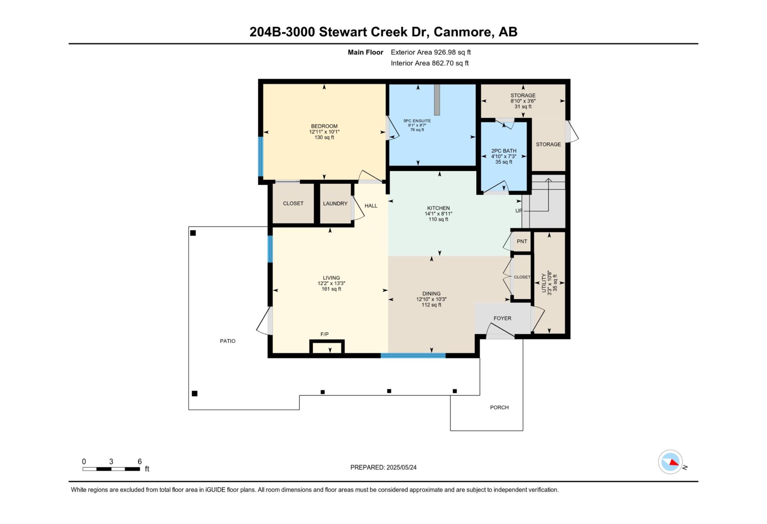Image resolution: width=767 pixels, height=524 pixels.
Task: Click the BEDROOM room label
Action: point(324,126)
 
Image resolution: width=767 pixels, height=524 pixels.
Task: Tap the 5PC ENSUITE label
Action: point(417,121)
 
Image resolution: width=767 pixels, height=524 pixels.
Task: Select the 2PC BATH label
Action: point(504,151)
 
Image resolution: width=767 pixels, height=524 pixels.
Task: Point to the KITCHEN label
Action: point(438,208)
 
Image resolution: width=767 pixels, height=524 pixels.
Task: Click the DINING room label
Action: point(431,294)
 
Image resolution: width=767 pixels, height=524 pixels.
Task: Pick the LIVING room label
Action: point(331,278)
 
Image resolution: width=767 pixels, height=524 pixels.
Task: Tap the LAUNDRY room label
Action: point(335,204)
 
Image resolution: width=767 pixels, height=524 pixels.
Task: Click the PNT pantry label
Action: point(522,242)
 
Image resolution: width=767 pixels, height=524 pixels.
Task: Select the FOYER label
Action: point(502,318)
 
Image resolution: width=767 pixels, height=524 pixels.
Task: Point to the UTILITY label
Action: point(544,283)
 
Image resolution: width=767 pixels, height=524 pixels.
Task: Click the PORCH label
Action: point(499,407)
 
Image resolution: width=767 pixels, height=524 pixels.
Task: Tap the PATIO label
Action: point(228,341)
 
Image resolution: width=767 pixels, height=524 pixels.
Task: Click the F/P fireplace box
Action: point(327,347)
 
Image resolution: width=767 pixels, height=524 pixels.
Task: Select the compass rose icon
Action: point(671,462)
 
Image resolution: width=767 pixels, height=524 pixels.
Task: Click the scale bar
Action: point(111,469)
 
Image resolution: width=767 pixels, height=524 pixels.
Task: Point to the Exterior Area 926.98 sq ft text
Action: point(431,52)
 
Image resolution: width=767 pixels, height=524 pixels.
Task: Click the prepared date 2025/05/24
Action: point(402,467)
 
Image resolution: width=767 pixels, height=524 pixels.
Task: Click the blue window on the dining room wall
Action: point(413,356)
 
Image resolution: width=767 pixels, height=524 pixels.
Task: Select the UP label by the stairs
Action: point(518,211)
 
